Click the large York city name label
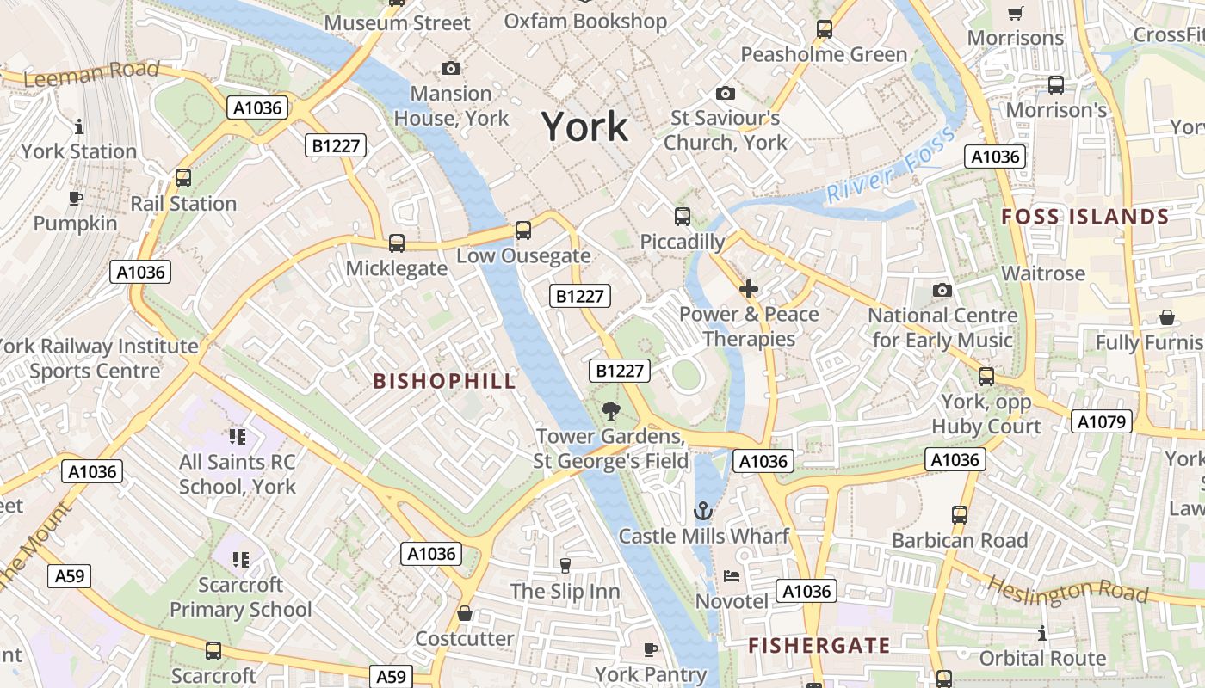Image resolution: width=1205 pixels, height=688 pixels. pyautogui.click(x=585, y=127)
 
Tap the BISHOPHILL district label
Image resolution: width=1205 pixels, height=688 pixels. pyautogui.click(x=444, y=381)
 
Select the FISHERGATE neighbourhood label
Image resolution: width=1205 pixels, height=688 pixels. pyautogui.click(x=819, y=645)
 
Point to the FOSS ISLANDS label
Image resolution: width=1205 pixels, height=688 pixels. pyautogui.click(x=1085, y=217)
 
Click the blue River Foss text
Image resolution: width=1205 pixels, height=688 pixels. pyautogui.click(x=890, y=165)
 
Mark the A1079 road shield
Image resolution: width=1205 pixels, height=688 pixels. pyautogui.click(x=1101, y=421)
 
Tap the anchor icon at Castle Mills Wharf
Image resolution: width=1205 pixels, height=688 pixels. pyautogui.click(x=703, y=512)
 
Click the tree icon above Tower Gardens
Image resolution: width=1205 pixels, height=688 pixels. pyautogui.click(x=611, y=411)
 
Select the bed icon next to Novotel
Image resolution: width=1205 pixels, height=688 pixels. pyautogui.click(x=732, y=575)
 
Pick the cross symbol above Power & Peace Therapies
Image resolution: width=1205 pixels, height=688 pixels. pyautogui.click(x=749, y=289)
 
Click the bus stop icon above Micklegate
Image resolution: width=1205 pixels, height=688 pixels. pyautogui.click(x=397, y=243)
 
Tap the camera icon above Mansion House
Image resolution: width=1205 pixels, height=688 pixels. pyautogui.click(x=450, y=68)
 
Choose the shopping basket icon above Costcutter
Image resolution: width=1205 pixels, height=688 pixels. pyautogui.click(x=465, y=613)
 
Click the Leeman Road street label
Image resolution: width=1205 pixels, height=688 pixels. pyautogui.click(x=91, y=75)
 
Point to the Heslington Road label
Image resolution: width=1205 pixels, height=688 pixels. pyautogui.click(x=1067, y=590)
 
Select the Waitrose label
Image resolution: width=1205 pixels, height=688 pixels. pyautogui.click(x=1043, y=273)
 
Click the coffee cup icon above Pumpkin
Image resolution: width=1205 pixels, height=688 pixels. pyautogui.click(x=76, y=199)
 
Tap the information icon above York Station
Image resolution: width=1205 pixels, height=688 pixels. pyautogui.click(x=79, y=126)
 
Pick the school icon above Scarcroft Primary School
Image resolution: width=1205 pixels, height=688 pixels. pyautogui.click(x=240, y=560)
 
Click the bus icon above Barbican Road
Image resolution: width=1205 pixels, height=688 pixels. pyautogui.click(x=960, y=515)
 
